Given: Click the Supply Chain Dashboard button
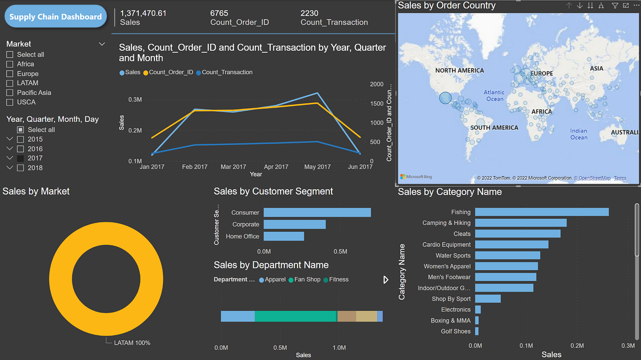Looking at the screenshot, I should pyautogui.click(x=55, y=17).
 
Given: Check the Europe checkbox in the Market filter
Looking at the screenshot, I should pyautogui.click(x=10, y=74).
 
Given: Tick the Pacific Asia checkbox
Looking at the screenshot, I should pyautogui.click(x=10, y=93).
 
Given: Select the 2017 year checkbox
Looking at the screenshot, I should pyautogui.click(x=20, y=158).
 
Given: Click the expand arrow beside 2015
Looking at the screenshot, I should pyautogui.click(x=10, y=139).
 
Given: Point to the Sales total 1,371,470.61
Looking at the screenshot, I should pyautogui.click(x=143, y=13).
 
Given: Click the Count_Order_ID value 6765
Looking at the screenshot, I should pyautogui.click(x=219, y=13).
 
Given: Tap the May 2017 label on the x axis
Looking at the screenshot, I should pyautogui.click(x=317, y=167).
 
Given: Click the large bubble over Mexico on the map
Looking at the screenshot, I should pyautogui.click(x=445, y=98).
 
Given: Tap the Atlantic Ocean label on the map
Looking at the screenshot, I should pyautogui.click(x=494, y=95).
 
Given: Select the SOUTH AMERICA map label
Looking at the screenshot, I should pyautogui.click(x=494, y=128).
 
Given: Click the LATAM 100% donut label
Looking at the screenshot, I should pyautogui.click(x=132, y=343).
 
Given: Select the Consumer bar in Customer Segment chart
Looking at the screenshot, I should pyautogui.click(x=317, y=213).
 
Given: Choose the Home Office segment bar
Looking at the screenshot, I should pyautogui.click(x=284, y=236).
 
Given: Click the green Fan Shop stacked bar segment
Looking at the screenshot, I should pyautogui.click(x=296, y=316).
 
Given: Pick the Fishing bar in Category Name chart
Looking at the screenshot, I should pyautogui.click(x=542, y=212).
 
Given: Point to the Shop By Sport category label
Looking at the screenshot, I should pyautogui.click(x=451, y=299).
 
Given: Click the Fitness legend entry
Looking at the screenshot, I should pyautogui.click(x=338, y=279).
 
